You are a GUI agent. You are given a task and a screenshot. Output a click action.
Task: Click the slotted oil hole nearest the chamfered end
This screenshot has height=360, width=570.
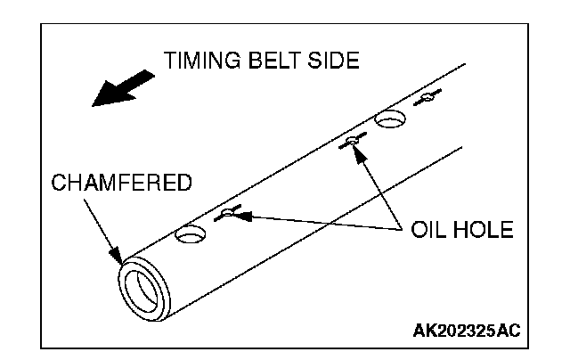point(229,212)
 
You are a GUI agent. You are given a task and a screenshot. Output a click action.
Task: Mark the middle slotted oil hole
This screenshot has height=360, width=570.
point(353,140)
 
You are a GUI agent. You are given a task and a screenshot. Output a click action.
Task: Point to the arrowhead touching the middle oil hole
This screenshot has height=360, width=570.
point(358,151)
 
